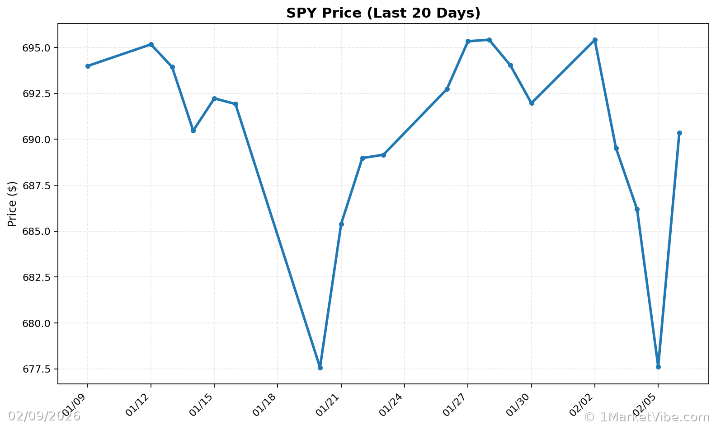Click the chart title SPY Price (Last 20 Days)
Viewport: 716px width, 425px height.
pyautogui.click(x=383, y=13)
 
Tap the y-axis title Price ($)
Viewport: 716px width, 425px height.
pyautogui.click(x=12, y=204)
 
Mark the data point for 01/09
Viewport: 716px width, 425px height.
pyautogui.click(x=88, y=66)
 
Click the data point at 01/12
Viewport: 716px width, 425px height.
pyautogui.click(x=151, y=44)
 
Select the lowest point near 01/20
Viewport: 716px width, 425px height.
pyautogui.click(x=320, y=368)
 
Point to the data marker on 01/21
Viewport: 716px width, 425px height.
pyautogui.click(x=341, y=224)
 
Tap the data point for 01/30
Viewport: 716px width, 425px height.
pyautogui.click(x=532, y=103)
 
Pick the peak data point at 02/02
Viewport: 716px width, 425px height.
pyautogui.click(x=595, y=40)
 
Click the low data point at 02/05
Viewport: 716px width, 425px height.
pyautogui.click(x=658, y=367)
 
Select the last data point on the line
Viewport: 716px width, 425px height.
pyautogui.click(x=679, y=133)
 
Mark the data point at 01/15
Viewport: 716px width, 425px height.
pyautogui.click(x=214, y=98)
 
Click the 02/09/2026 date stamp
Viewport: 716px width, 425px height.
pyautogui.click(x=44, y=416)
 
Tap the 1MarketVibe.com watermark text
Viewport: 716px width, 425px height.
pyautogui.click(x=646, y=417)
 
